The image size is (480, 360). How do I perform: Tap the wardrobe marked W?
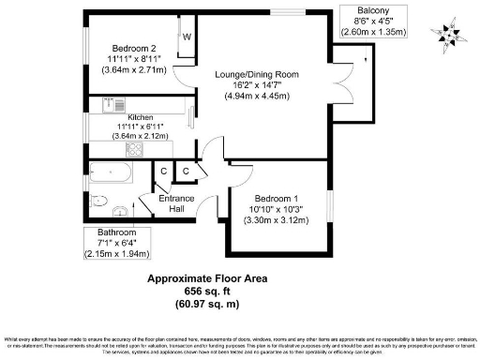click(x=187, y=37)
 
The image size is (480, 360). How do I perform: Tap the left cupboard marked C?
click(x=163, y=171)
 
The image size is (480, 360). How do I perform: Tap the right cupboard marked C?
click(x=186, y=171)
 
